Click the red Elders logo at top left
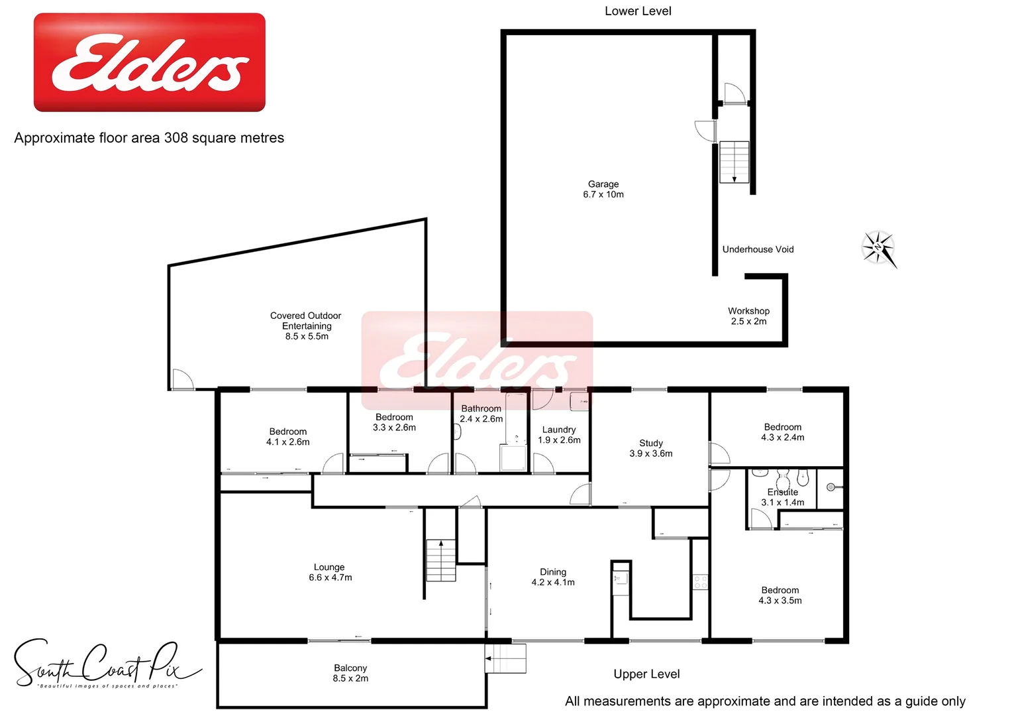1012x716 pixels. click(x=150, y=62)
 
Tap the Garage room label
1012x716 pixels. click(x=603, y=189)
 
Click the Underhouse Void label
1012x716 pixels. click(x=758, y=249)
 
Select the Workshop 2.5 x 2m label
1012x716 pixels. click(x=748, y=316)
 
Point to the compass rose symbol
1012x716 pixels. click(x=879, y=249)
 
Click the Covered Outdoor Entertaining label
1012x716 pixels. click(x=306, y=326)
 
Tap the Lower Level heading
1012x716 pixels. click(x=638, y=11)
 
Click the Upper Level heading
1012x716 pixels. click(x=646, y=674)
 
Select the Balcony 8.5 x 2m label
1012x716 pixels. click(x=350, y=673)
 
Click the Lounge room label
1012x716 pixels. click(x=330, y=572)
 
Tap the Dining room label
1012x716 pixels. click(x=553, y=577)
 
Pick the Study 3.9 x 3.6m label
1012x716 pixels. click(x=651, y=448)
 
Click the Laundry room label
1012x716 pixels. click(x=559, y=435)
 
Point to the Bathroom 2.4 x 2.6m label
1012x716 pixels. click(x=481, y=414)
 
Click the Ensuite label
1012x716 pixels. click(x=783, y=497)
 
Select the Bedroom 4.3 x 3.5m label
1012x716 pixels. click(x=780, y=595)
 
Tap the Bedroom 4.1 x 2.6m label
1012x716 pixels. click(x=288, y=436)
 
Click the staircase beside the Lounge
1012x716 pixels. click(x=440, y=560)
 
